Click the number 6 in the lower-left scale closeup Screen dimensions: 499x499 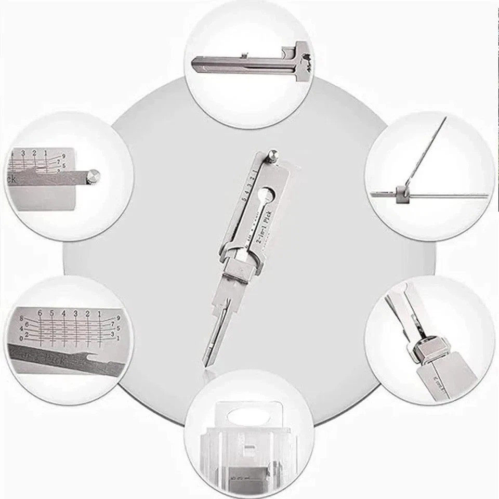pyautogui.click(x=40, y=313)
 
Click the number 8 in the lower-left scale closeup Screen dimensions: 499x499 pyautogui.click(x=21, y=318)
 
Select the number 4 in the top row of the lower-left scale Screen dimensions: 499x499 pyautogui.click(x=63, y=313)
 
